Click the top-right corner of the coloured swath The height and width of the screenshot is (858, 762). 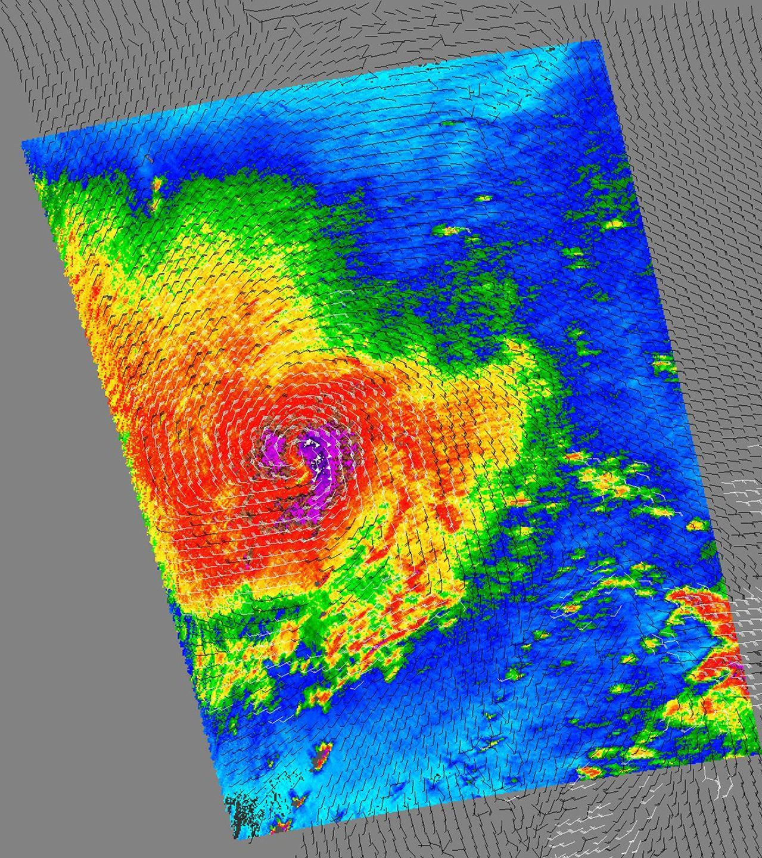coord(598,41)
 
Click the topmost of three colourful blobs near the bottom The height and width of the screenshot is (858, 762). coord(325,748)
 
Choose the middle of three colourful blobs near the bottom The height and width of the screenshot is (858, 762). coord(298,798)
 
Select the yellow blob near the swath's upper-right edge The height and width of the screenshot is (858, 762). coord(614,225)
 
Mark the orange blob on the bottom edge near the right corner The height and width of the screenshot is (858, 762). coord(590,772)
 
